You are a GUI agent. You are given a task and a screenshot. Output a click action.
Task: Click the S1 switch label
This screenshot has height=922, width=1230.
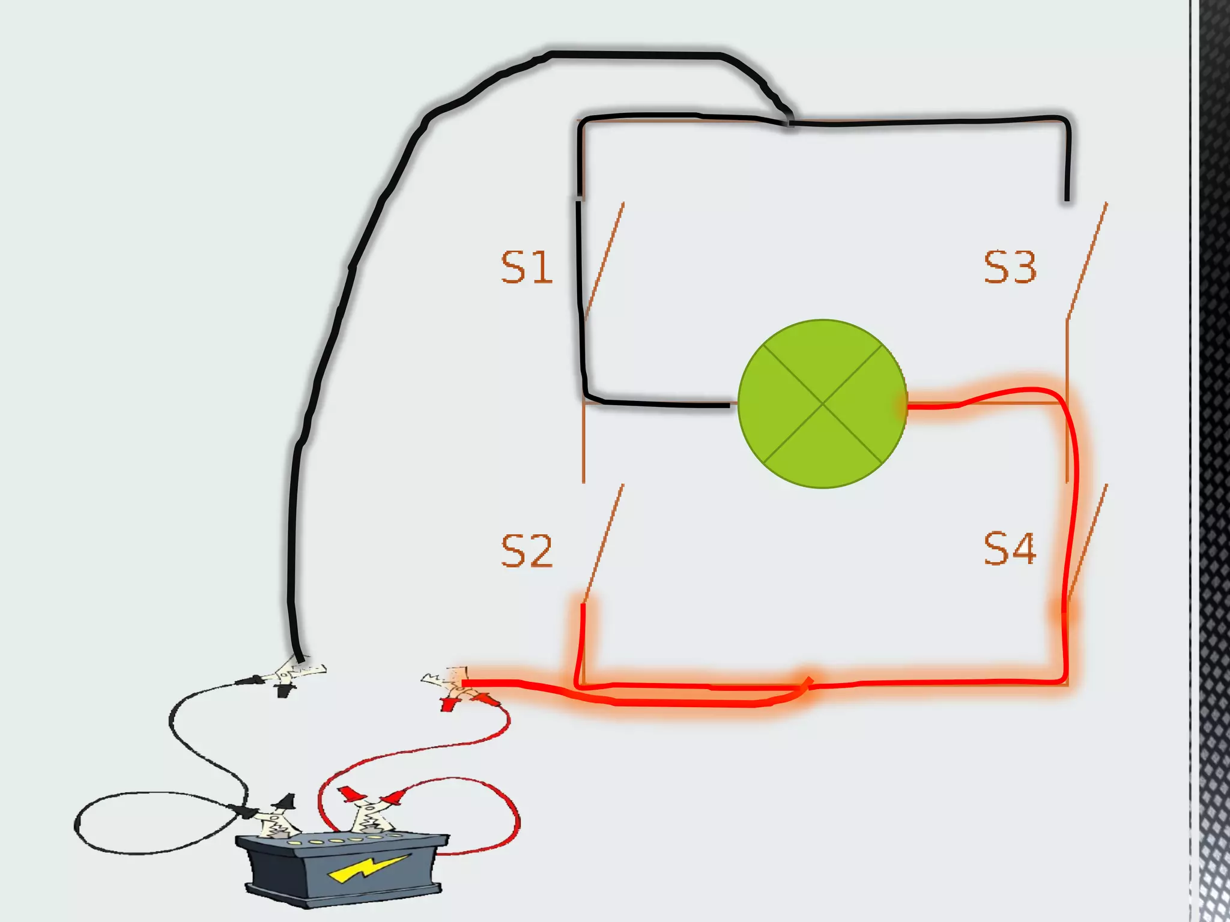(x=526, y=268)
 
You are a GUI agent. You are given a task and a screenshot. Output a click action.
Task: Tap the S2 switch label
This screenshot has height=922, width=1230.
(x=526, y=550)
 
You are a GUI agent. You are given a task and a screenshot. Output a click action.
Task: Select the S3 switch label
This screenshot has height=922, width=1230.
(x=1010, y=268)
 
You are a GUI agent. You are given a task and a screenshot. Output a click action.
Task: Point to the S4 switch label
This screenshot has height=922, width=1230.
(x=1010, y=548)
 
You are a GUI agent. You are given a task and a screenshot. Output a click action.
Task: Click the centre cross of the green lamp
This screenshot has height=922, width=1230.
(x=822, y=404)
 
